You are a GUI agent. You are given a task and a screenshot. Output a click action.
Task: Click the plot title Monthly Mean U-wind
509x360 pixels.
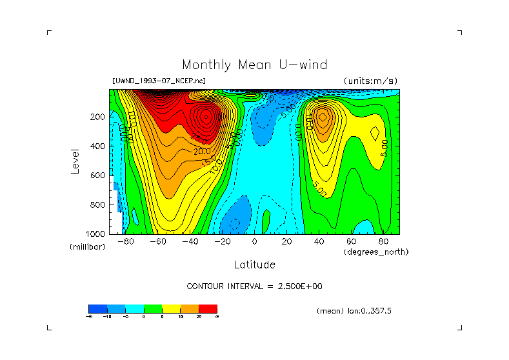coord(254,65)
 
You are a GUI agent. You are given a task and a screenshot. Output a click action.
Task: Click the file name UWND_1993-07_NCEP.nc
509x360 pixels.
coord(159,81)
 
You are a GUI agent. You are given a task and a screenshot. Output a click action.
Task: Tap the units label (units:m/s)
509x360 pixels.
coord(370,81)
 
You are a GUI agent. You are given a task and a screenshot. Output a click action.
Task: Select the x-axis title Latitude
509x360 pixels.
coord(254,265)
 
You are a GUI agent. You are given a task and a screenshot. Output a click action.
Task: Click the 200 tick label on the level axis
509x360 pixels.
coord(97,117)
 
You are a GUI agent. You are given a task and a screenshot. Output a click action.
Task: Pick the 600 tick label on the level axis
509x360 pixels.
coord(97,175)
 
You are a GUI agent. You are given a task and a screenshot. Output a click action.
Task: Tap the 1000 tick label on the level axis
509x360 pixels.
coord(95,234)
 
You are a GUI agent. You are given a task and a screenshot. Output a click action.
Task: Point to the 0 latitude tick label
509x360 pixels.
coord(254,243)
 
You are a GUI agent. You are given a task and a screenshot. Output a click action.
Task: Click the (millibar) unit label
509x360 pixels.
coord(87,248)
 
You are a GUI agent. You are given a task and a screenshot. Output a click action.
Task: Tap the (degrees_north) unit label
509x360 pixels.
coord(376,252)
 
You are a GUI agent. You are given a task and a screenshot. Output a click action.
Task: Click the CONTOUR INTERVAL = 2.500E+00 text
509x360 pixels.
coord(254,286)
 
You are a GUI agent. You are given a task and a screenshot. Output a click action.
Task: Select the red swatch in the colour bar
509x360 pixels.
coord(208,309)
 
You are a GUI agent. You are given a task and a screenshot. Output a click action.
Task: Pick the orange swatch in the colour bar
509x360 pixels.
coord(189,309)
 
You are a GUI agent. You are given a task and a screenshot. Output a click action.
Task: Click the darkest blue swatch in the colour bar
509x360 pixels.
coord(97,309)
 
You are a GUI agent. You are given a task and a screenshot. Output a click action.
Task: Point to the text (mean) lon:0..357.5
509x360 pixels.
coord(354,311)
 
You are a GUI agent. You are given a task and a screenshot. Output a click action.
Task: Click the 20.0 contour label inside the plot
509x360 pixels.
coord(203,152)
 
